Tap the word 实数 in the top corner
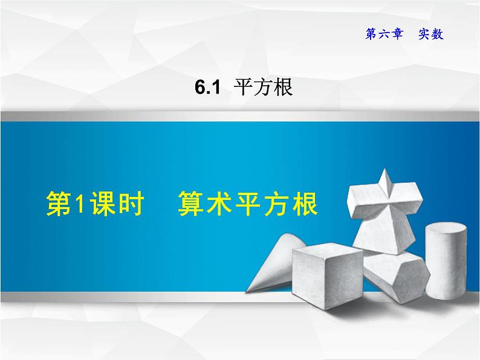[430, 34]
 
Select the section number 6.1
[206, 89]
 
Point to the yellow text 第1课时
[94, 204]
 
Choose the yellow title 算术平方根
[247, 204]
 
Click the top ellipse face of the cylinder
[447, 230]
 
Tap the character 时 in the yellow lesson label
[130, 204]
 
